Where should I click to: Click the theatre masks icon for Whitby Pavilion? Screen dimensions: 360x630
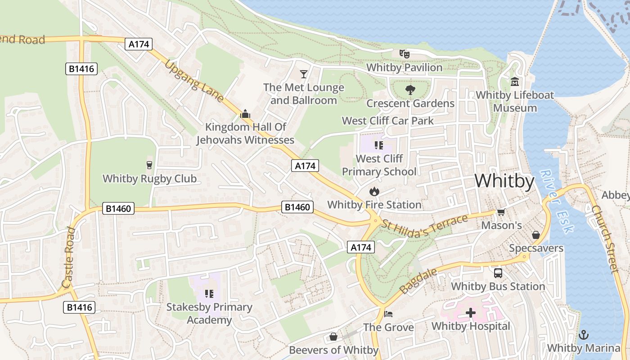pos(405,54)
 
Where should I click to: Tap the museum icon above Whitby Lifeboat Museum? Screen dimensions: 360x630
pos(515,82)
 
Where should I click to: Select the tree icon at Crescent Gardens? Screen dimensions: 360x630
pos(410,90)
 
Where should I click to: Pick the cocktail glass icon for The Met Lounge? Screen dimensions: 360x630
pos(304,74)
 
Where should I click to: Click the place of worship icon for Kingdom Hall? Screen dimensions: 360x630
pos(245,114)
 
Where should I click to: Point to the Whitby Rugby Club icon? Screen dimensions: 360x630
pos(150,165)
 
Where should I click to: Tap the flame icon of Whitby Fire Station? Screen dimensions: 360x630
pos(374,191)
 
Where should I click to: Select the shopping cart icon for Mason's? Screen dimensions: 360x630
pos(501,212)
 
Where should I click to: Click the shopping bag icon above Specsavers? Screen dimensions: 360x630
pos(536,235)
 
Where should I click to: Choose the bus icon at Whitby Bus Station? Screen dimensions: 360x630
pos(498,273)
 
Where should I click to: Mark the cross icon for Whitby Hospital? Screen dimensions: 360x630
pos(471,313)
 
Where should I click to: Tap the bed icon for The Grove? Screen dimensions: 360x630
pos(388,314)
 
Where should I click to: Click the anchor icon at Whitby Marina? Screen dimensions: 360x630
pos(584,335)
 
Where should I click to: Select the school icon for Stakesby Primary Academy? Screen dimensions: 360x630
pos(209,294)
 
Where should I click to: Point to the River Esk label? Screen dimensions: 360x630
pos(557,201)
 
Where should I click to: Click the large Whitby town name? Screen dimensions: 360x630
pos(504,181)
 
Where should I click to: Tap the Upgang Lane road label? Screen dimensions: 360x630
pos(194,81)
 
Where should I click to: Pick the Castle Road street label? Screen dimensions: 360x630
pos(69,257)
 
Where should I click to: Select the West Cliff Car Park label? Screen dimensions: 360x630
pos(388,121)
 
